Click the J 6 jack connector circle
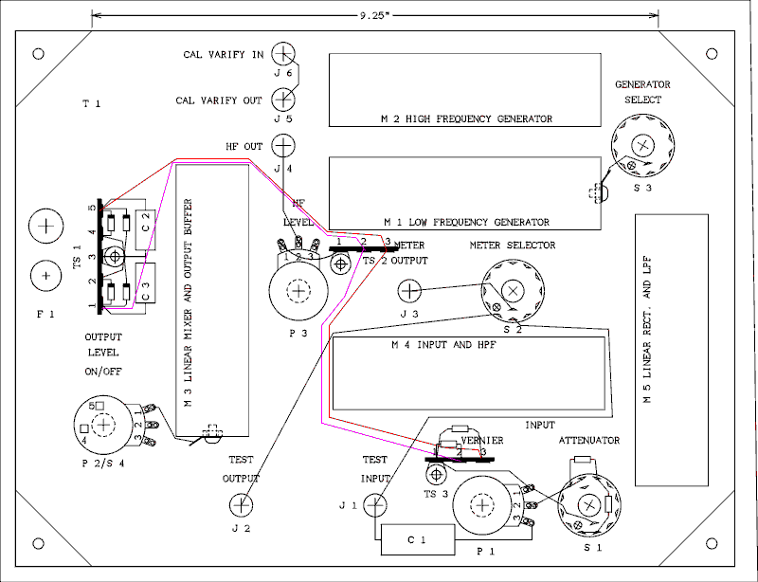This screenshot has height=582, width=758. [283, 54]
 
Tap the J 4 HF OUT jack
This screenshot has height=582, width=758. [283, 146]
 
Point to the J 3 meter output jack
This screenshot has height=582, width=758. [408, 290]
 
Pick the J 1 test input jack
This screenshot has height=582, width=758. [376, 505]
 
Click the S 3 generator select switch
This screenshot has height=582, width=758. [643, 144]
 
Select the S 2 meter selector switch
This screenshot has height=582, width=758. [513, 289]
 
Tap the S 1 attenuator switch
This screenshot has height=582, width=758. [586, 503]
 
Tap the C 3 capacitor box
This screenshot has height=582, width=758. [145, 293]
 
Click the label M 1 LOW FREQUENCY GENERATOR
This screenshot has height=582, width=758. [465, 223]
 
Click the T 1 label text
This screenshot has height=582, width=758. [91, 104]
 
